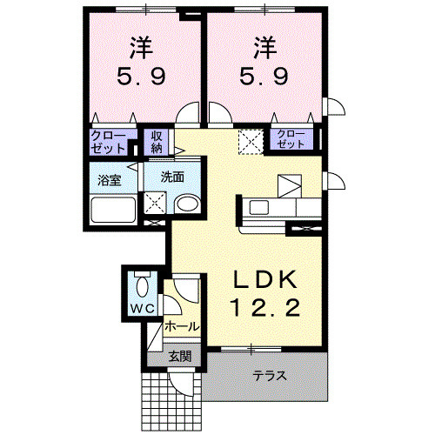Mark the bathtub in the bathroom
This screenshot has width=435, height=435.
114,211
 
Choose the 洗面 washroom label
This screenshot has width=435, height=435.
172,177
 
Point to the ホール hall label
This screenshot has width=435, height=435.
182,327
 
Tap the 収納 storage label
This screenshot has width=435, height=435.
157,142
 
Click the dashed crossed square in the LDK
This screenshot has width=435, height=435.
251,139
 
